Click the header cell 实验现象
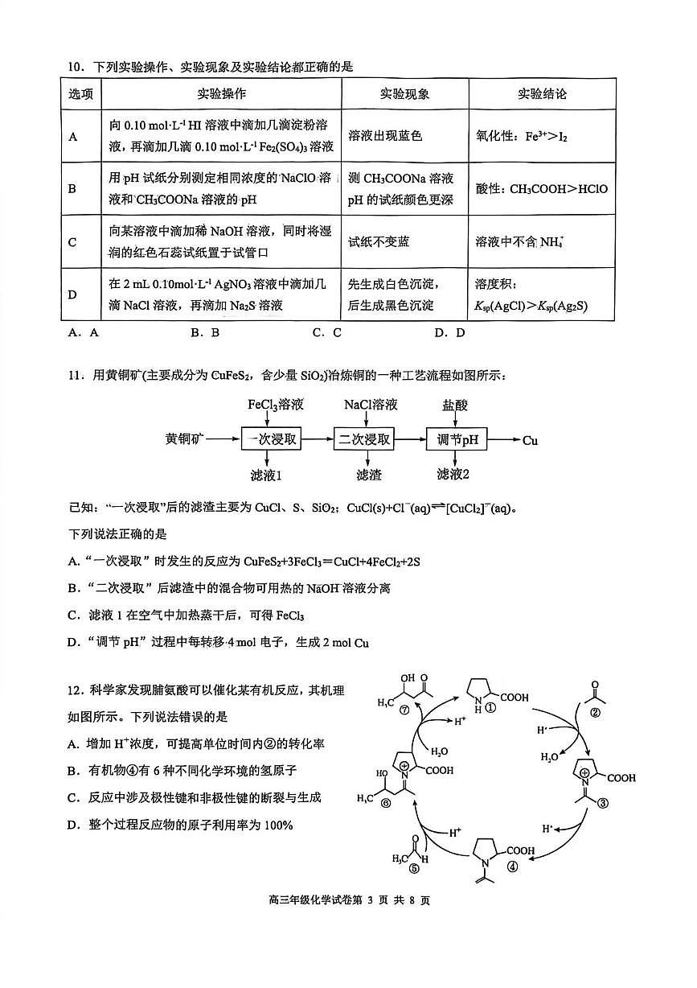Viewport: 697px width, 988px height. (x=404, y=94)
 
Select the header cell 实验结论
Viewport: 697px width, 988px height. (x=542, y=94)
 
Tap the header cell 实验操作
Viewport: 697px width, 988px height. (x=222, y=94)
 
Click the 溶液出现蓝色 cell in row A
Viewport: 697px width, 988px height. (x=384, y=136)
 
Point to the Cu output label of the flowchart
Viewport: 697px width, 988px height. (x=530, y=440)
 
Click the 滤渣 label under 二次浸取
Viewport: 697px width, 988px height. (x=367, y=475)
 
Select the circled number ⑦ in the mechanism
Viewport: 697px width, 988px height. (x=404, y=709)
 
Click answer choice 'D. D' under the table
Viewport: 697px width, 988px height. (x=449, y=332)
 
